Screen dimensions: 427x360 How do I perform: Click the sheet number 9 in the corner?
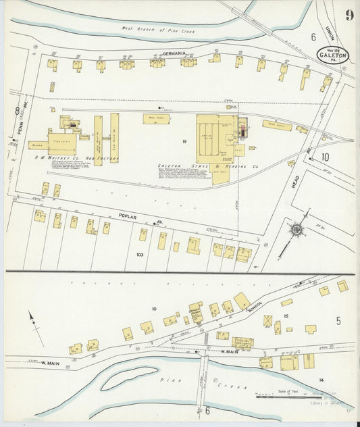349,15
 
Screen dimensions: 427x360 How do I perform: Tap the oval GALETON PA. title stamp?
333,55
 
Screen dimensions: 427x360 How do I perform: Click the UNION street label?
330,30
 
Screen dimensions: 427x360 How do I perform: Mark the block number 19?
183,141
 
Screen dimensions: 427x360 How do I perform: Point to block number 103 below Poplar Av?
140,255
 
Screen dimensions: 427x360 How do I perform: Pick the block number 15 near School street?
286,316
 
